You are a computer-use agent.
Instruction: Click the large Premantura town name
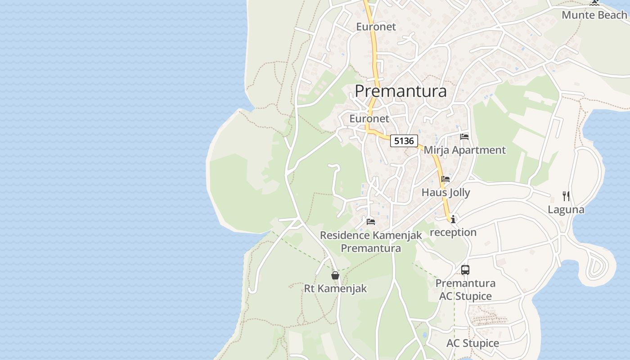click(400, 91)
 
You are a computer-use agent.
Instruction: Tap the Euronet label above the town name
click(376, 27)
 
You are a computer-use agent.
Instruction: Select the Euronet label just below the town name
click(369, 119)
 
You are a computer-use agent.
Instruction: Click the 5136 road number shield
click(404, 141)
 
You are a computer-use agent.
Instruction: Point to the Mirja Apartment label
click(465, 150)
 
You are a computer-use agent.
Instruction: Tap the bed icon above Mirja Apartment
click(464, 137)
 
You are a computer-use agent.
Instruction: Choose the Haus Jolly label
click(445, 193)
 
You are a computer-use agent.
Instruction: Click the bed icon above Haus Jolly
click(445, 179)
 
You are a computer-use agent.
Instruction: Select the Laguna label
click(566, 209)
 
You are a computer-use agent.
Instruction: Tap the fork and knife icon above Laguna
click(566, 196)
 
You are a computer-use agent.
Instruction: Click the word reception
click(453, 232)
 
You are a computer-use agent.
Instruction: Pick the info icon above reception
click(453, 220)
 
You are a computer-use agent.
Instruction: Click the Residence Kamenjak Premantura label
click(371, 241)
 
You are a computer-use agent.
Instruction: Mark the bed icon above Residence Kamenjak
click(371, 221)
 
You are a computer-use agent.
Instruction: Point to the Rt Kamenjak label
click(335, 288)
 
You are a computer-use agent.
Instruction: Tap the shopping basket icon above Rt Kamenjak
click(335, 275)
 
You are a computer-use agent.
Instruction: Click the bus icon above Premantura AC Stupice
click(465, 270)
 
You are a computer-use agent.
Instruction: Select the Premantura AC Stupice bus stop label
click(465, 289)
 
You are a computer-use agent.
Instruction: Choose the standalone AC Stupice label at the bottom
click(472, 343)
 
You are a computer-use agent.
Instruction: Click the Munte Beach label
click(594, 15)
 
